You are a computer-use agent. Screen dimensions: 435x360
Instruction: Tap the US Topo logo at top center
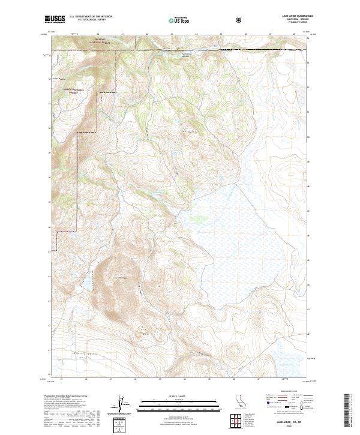click(x=179, y=20)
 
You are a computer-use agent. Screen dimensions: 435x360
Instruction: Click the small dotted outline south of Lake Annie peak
click(x=143, y=329)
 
